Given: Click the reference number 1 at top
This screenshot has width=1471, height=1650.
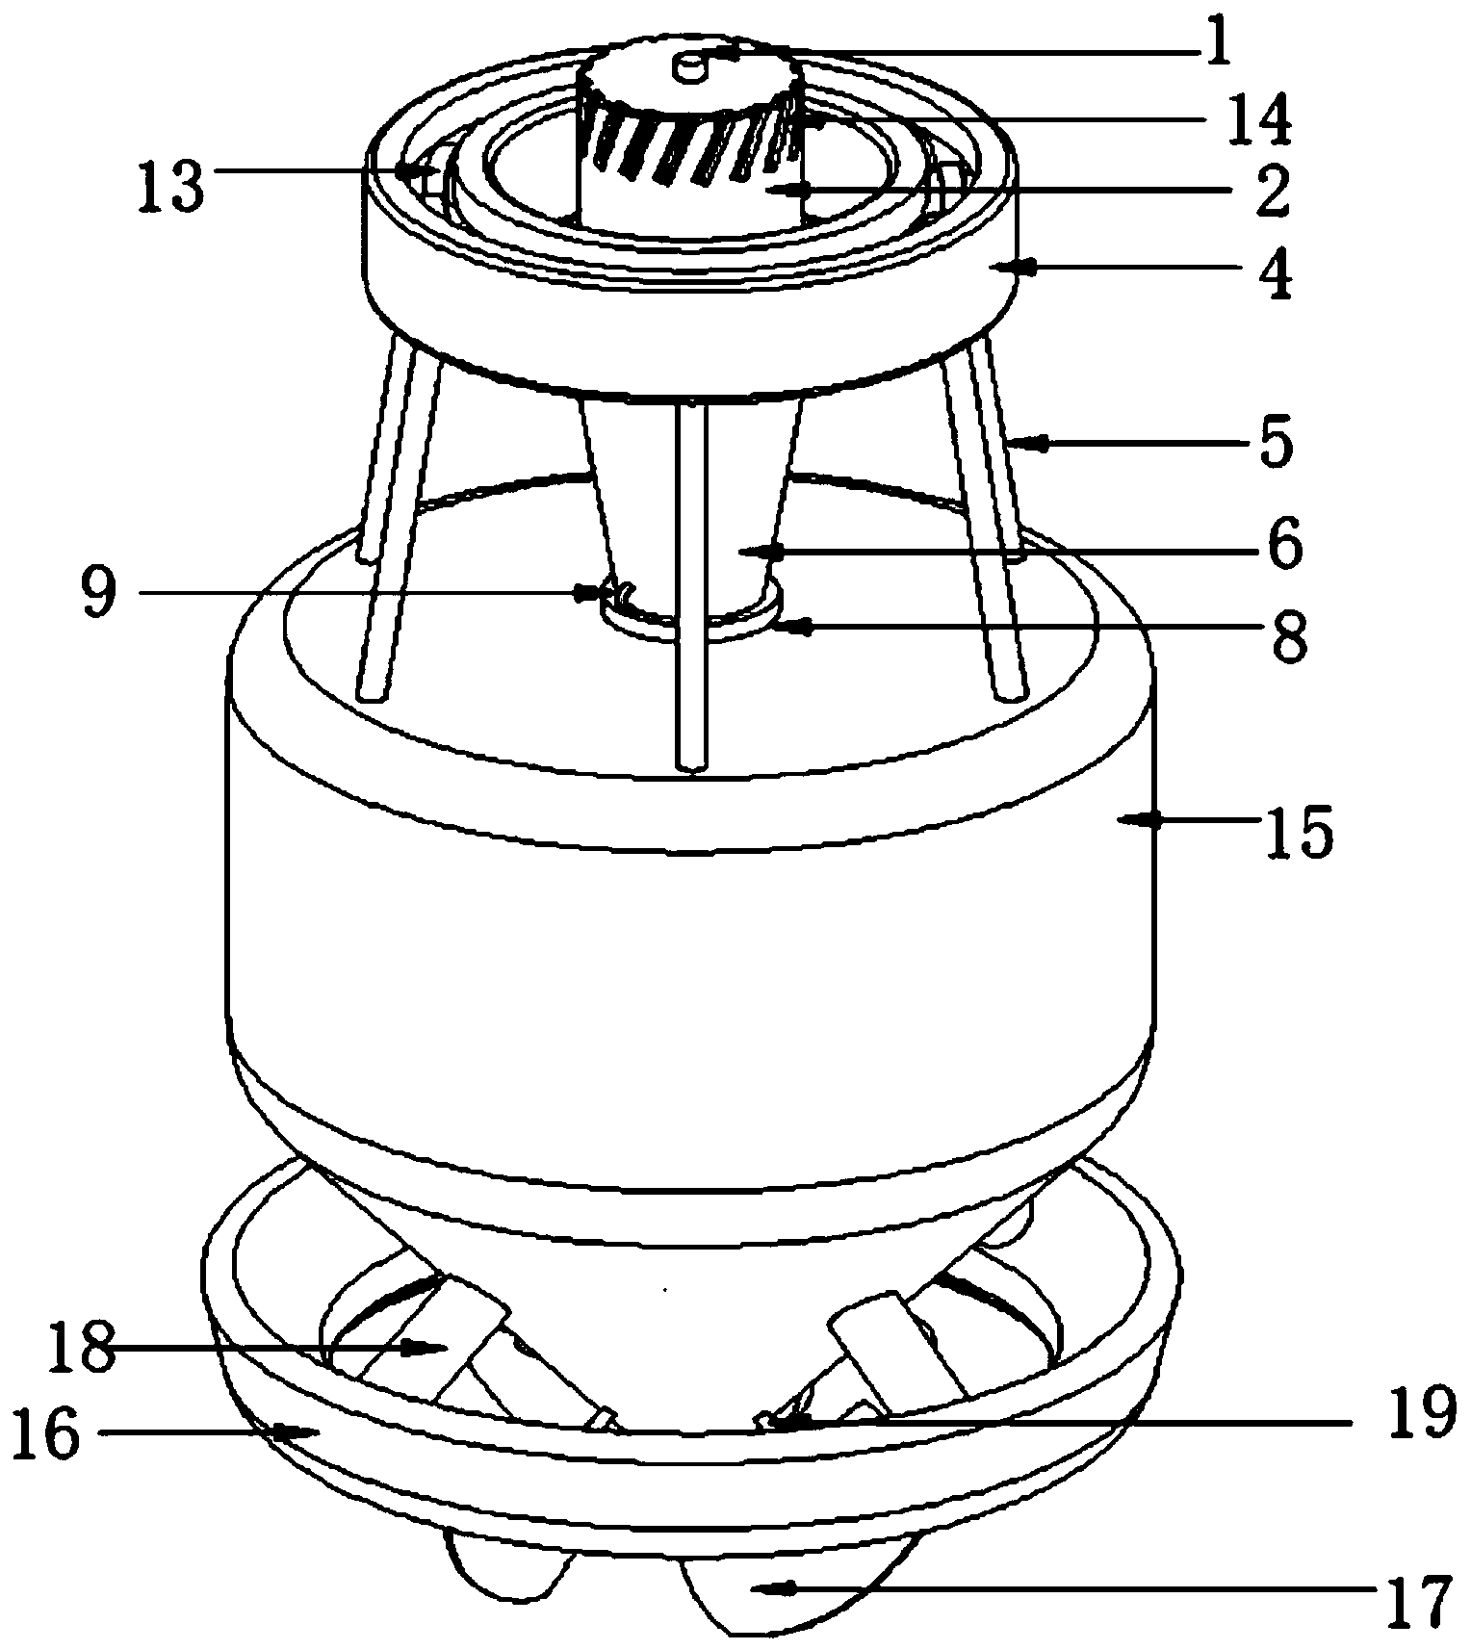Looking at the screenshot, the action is point(1218,44).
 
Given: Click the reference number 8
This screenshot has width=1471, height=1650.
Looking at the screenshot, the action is point(1287,636).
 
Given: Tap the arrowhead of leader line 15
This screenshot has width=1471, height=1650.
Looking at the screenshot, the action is point(1130,819).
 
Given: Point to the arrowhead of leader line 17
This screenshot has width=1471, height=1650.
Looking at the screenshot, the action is point(764,1591).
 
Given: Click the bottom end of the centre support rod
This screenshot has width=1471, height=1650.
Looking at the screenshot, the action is point(692,767).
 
